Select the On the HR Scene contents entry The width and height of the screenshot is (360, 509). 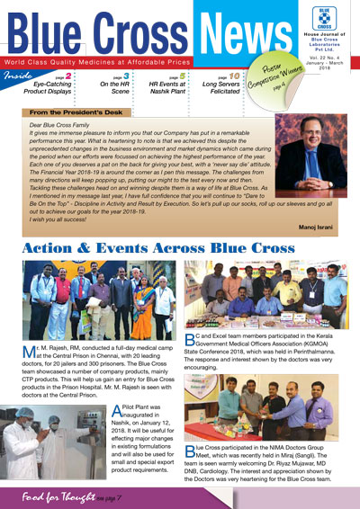(116, 89)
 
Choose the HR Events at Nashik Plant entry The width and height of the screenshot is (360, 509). (168, 89)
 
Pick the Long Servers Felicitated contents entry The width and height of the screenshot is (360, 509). (220, 89)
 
